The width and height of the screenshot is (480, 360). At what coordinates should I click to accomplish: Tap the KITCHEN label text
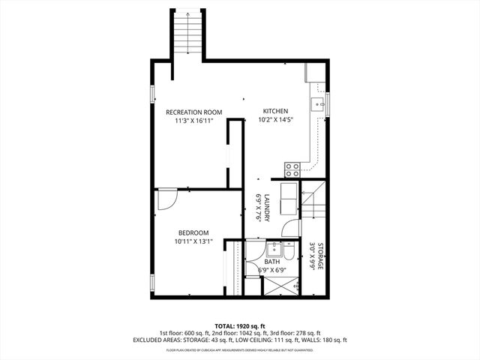274,111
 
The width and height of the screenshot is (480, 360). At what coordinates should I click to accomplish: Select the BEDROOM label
193,232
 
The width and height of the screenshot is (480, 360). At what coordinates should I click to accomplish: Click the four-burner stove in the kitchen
291,169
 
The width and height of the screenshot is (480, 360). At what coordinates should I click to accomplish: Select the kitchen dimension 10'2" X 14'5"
274,119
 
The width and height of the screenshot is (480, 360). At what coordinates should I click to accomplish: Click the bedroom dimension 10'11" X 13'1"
193,241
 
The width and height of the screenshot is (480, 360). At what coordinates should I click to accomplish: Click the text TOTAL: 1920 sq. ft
239,325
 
